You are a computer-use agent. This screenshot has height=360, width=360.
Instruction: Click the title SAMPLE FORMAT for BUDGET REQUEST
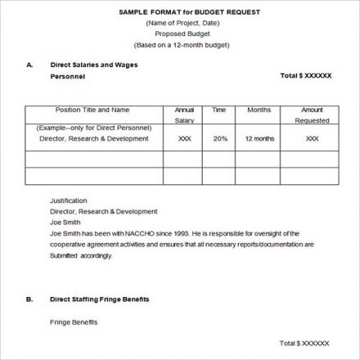click(180, 11)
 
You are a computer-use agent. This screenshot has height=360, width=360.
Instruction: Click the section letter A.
click(29, 63)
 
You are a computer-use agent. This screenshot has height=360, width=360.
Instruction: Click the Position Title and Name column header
click(92, 109)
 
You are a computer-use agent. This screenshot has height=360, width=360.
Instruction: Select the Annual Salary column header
click(184, 114)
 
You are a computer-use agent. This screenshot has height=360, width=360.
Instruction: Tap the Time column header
click(219, 109)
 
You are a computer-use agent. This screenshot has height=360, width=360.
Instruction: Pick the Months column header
click(259, 109)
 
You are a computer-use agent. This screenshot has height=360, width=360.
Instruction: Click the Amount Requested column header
click(312, 114)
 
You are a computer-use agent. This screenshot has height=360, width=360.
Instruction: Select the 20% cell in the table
click(220, 138)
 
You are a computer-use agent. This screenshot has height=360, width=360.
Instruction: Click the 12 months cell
click(259, 138)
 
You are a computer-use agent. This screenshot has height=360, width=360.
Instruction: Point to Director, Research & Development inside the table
click(93, 138)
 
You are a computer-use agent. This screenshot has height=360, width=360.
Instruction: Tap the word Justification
click(69, 200)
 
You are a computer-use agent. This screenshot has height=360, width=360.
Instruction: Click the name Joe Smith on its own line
click(65, 221)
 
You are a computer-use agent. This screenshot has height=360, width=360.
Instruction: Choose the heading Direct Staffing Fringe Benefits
click(100, 299)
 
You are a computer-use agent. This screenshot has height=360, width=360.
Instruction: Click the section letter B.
click(29, 299)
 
